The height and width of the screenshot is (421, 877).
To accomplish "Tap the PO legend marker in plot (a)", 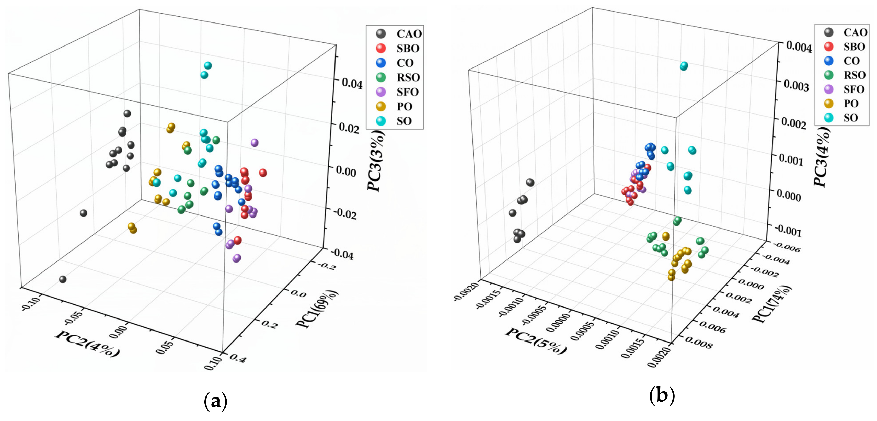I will [381, 107].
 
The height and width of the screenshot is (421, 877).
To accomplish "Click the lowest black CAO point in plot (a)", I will [63, 279].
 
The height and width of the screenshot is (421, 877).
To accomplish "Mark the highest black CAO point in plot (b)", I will [530, 183].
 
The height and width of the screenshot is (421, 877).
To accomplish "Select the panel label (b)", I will [662, 396].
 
